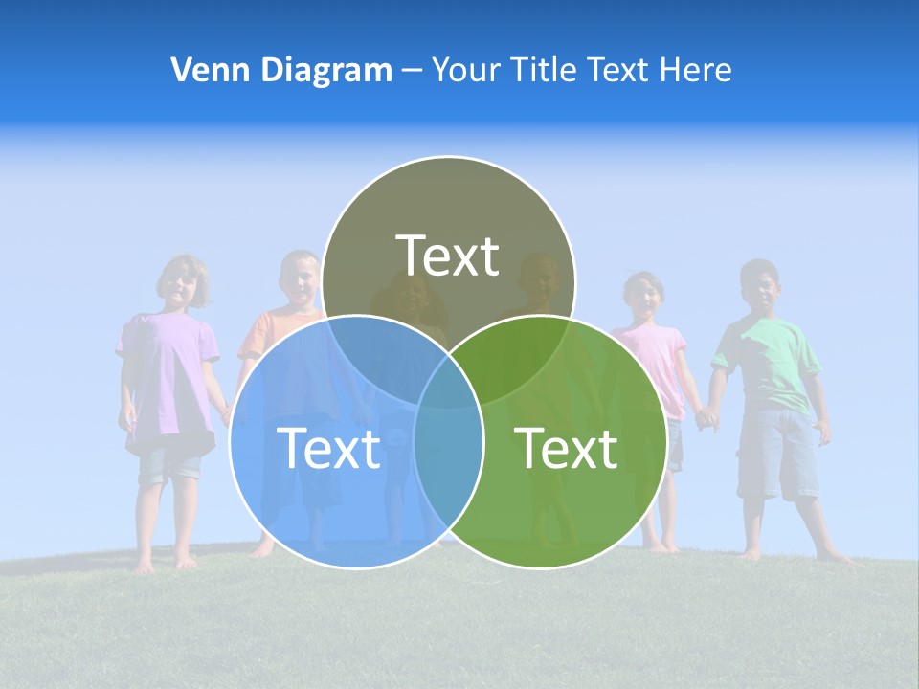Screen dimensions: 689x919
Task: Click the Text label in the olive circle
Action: pyautogui.click(x=448, y=256)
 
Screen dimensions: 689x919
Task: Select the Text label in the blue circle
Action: pyautogui.click(x=328, y=448)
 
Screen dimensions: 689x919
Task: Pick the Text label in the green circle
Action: pyautogui.click(x=567, y=448)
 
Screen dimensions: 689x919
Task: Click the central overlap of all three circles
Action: pyautogui.click(x=449, y=378)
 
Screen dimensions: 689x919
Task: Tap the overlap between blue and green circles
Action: pyautogui.click(x=449, y=459)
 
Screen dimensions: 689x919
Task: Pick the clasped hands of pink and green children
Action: pyautogui.click(x=706, y=417)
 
